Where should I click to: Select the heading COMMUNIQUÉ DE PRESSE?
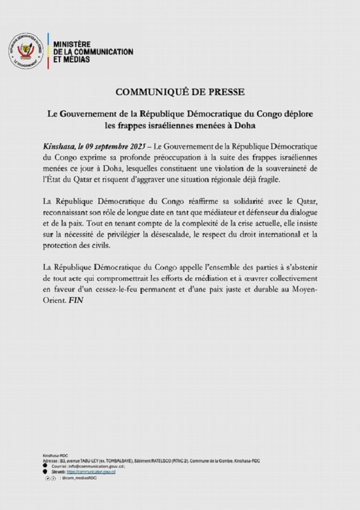[x=180, y=92]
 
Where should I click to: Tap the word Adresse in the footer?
[x=50, y=461]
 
